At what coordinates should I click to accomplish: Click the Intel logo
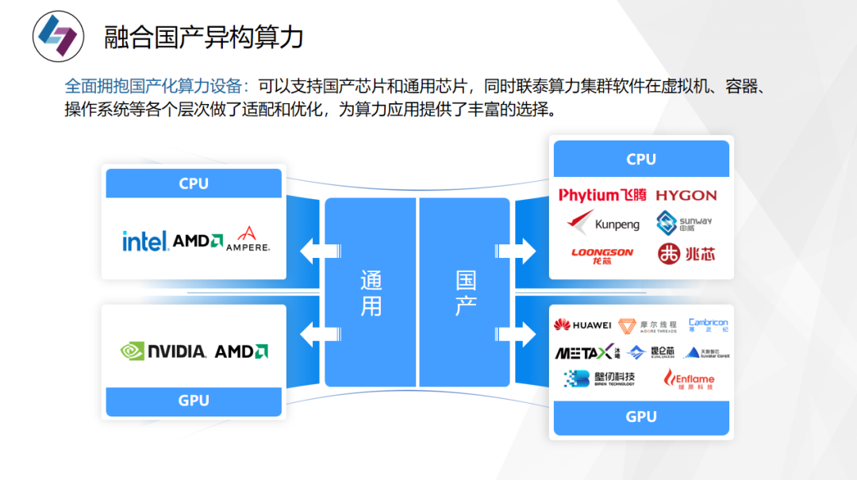coord(144,240)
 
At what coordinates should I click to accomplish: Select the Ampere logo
coord(248,239)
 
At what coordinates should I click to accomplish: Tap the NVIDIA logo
coord(163,351)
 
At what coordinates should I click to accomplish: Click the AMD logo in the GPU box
coord(241,351)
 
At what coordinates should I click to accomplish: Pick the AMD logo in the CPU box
coord(198,240)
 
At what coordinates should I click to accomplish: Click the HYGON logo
coord(686,195)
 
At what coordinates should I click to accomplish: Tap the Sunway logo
coord(684,224)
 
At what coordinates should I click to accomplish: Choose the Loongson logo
coord(602,255)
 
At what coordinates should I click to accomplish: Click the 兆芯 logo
coord(686,255)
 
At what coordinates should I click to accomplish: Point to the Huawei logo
coord(582,324)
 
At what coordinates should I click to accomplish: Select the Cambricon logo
coord(708,324)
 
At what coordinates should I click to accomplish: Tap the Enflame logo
coord(689,379)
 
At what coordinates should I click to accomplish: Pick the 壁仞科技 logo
coord(599,378)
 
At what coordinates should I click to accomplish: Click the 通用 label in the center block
coord(371,292)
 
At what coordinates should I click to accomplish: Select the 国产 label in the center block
coord(466,292)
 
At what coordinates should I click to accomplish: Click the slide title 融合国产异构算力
coord(204,36)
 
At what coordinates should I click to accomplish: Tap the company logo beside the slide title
coord(58,36)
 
